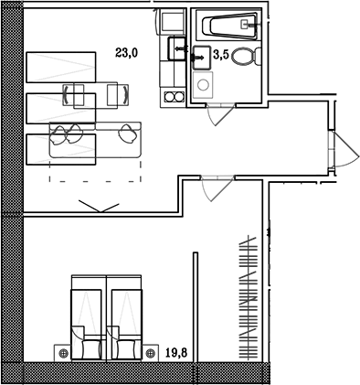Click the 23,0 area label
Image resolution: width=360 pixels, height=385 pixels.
tap(127, 53)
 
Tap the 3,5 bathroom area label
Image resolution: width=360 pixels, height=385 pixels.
tap(221, 55)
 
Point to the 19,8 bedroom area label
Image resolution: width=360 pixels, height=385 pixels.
tap(176, 353)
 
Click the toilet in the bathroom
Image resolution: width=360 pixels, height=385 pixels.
tap(246, 57)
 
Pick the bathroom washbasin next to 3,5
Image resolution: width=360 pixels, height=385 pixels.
tap(201, 58)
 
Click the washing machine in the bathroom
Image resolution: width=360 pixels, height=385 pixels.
tap(203, 84)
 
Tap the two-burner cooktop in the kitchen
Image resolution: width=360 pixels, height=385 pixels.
tap(174, 97)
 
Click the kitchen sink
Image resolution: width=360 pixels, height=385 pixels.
tap(177, 48)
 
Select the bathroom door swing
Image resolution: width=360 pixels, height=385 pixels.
tap(220, 114)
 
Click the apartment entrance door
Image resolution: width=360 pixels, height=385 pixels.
tap(344, 149)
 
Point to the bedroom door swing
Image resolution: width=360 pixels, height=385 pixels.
tap(217, 188)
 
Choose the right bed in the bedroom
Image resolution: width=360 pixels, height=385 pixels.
tap(124, 317)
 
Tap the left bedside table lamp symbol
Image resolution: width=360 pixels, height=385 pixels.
tap(64, 353)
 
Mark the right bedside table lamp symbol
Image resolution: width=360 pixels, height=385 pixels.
tap(150, 353)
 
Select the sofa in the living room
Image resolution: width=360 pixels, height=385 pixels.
tap(95, 140)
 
